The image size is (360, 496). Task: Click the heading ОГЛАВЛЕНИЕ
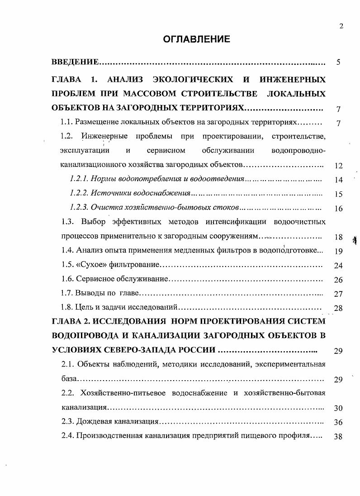[x=197, y=39]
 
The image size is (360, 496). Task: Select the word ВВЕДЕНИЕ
[x=75, y=62]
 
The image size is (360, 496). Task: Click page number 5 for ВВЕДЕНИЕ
[x=338, y=62]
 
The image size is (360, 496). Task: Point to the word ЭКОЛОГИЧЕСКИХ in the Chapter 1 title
[x=193, y=80]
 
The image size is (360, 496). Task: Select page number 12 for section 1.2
[x=338, y=166]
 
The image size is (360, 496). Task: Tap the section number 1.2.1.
[x=79, y=180]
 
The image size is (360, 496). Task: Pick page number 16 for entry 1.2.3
[x=338, y=209]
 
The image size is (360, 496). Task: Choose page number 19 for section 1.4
[x=338, y=251]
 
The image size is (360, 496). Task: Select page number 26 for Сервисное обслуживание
[x=338, y=280]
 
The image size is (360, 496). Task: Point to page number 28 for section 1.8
[x=338, y=309]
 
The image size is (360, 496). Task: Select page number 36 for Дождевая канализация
[x=338, y=422]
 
